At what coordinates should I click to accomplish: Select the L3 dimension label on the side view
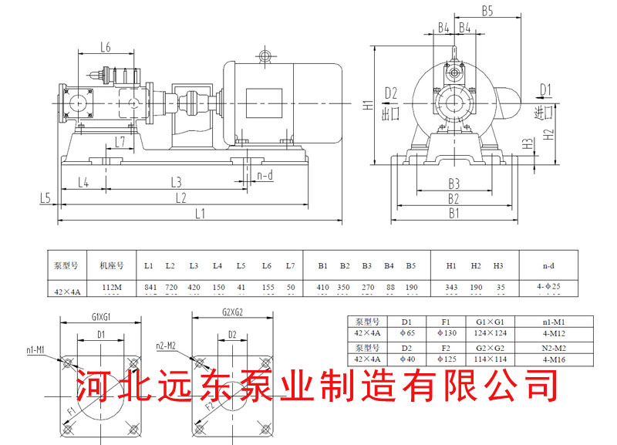click(x=176, y=183)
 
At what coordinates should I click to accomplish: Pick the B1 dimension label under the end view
click(x=454, y=214)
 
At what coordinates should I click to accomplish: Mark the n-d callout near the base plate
click(x=265, y=175)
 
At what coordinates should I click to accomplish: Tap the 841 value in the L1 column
click(x=150, y=288)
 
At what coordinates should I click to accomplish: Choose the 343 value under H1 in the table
click(x=452, y=288)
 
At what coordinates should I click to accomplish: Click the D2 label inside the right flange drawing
click(x=232, y=335)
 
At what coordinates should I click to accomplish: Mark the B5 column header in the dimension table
click(x=411, y=266)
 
